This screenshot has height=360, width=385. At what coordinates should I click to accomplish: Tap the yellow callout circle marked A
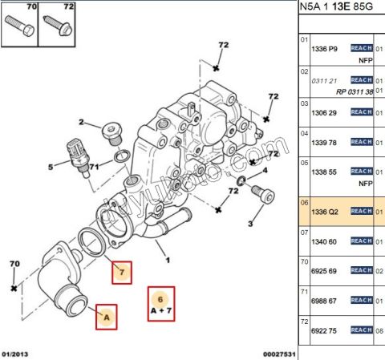(106, 318)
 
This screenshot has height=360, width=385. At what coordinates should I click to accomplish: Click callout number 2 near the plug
(81, 122)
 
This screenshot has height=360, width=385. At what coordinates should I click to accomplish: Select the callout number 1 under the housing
(168, 260)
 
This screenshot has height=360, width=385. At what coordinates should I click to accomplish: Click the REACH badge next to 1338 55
(363, 171)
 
